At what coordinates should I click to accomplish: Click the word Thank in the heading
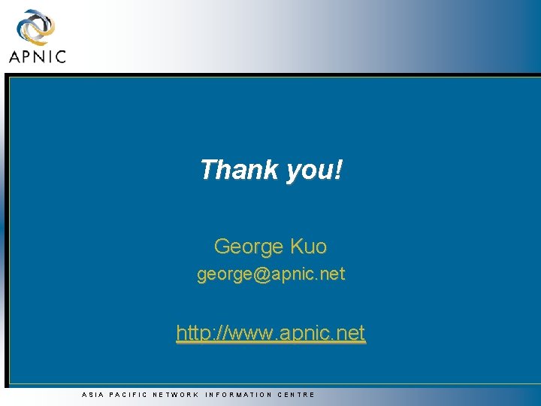(x=240, y=170)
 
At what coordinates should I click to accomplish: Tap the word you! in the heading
(x=314, y=171)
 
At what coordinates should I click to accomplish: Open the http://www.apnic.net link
(x=270, y=332)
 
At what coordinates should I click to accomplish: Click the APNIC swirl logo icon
(x=35, y=29)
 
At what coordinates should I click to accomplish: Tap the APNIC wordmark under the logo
(x=37, y=56)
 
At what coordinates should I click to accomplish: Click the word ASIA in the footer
(x=92, y=394)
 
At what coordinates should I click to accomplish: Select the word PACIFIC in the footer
(x=128, y=394)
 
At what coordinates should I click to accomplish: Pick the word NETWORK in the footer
(x=176, y=394)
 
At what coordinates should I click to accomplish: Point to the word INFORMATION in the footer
(x=238, y=394)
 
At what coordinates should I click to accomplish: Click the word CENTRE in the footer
(x=297, y=394)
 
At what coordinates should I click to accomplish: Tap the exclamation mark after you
(x=338, y=170)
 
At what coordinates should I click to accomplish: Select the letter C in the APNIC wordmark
(x=60, y=56)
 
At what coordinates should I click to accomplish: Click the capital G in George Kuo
(x=222, y=246)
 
